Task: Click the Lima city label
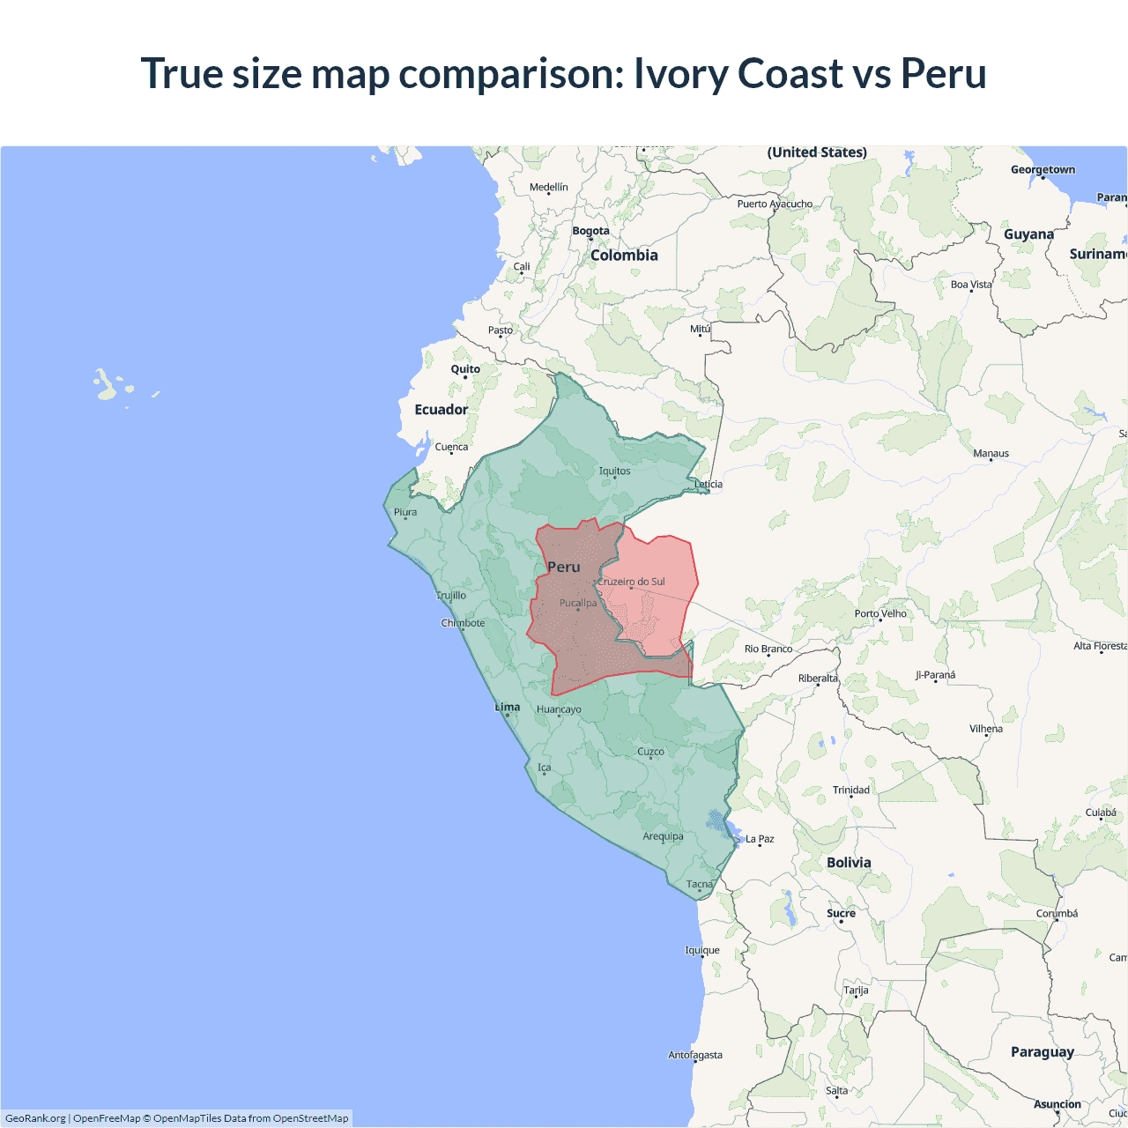pyautogui.click(x=508, y=707)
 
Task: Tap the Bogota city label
pyautogui.click(x=590, y=231)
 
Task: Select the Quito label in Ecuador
pyautogui.click(x=465, y=369)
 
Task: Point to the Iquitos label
pyautogui.click(x=614, y=471)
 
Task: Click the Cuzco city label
pyautogui.click(x=650, y=752)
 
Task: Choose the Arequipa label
pyautogui.click(x=663, y=836)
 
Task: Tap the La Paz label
pyautogui.click(x=760, y=839)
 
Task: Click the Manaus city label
pyautogui.click(x=991, y=453)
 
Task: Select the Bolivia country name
pyautogui.click(x=849, y=863)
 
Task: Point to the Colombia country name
pyautogui.click(x=624, y=255)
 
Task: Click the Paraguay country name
pyautogui.click(x=1043, y=1051)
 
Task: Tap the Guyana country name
pyautogui.click(x=1028, y=234)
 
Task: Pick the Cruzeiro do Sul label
pyautogui.click(x=632, y=582)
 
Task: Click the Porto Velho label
pyautogui.click(x=880, y=613)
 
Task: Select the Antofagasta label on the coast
pyautogui.click(x=695, y=1055)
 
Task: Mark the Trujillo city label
pyautogui.click(x=451, y=596)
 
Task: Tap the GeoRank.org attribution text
pyautogui.click(x=35, y=1118)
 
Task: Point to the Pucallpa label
pyautogui.click(x=578, y=603)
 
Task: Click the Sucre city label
pyautogui.click(x=841, y=913)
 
